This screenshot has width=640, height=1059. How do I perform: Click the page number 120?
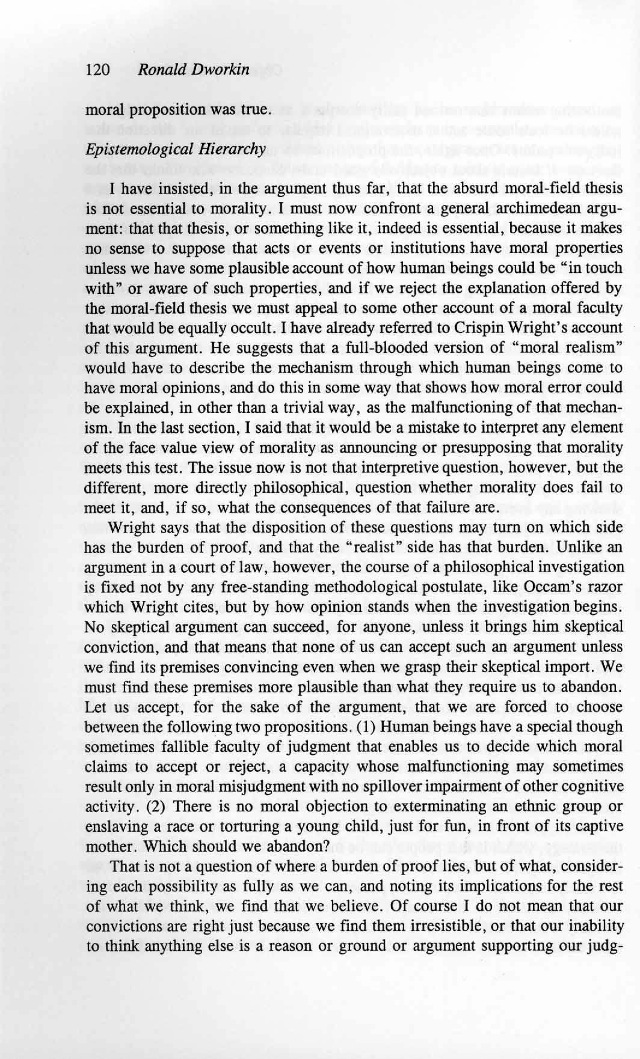(x=97, y=70)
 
